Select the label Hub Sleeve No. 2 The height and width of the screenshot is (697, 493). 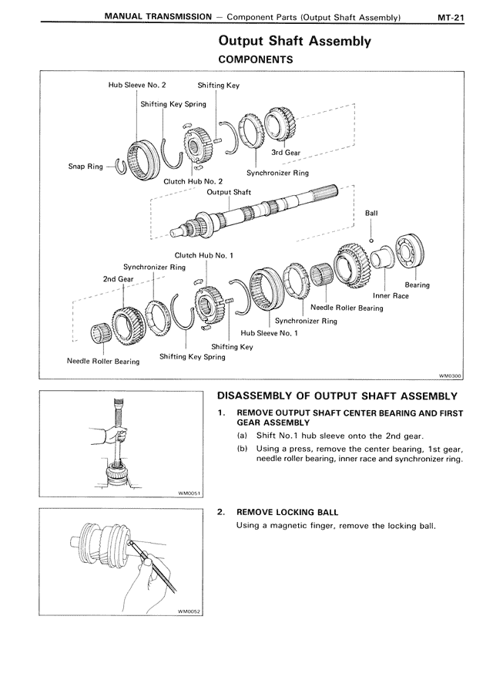136,86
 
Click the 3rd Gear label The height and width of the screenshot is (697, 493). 286,153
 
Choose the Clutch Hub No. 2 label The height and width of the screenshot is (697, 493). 193,181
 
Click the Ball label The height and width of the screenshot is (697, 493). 371,213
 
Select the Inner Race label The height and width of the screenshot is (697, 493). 391,295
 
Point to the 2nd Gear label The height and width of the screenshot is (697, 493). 118,278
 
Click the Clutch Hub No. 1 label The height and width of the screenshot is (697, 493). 204,254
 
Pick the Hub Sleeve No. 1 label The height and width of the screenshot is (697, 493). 269,333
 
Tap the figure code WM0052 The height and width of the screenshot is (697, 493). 188,612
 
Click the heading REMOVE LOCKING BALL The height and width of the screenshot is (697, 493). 287,512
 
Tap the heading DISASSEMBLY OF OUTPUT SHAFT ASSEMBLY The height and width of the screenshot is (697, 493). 337,396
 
